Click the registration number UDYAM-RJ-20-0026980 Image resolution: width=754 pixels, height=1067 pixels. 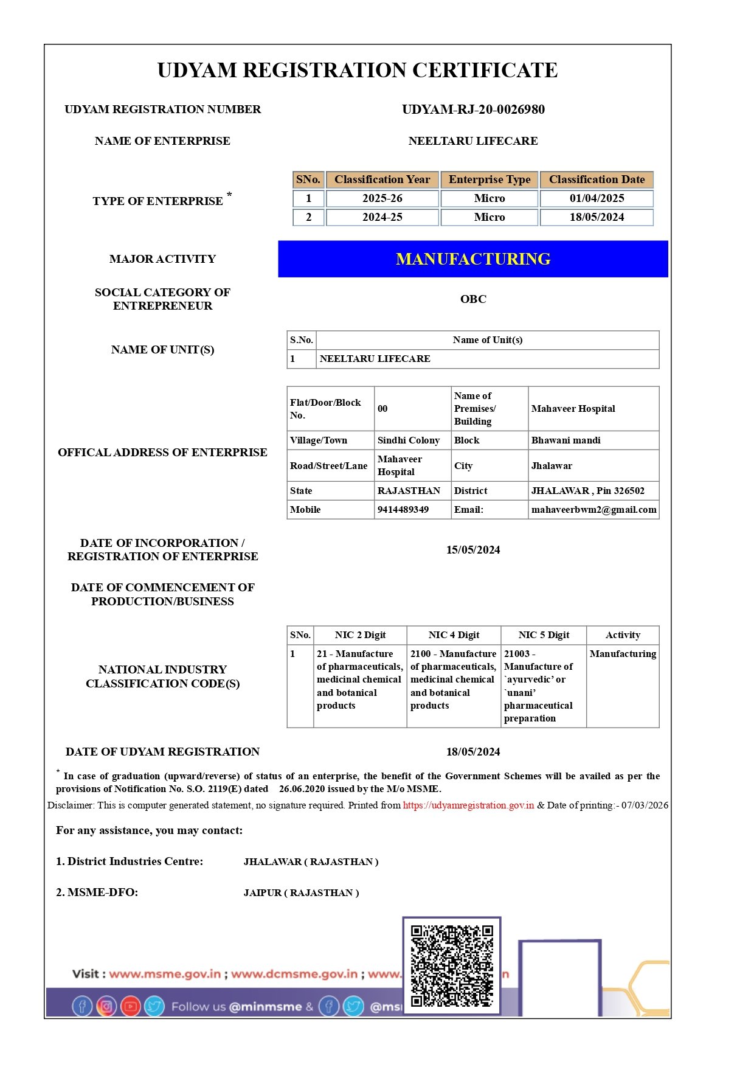tap(473, 109)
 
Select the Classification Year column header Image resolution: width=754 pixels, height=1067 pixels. tap(382, 179)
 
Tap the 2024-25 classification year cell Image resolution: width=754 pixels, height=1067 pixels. tap(382, 217)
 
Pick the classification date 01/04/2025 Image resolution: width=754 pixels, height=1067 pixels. tap(597, 198)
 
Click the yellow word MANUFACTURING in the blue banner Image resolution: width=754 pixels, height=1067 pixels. tap(473, 259)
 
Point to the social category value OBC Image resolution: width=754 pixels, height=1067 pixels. tap(473, 299)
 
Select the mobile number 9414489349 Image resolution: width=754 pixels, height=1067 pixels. tap(403, 510)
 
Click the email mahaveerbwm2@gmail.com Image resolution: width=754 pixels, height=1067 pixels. tap(593, 510)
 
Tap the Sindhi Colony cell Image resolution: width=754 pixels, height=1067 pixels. tap(409, 440)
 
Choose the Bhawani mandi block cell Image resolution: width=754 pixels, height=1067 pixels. tap(565, 440)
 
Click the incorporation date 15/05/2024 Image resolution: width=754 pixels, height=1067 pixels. tap(473, 550)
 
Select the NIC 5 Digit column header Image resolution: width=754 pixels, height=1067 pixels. tap(544, 635)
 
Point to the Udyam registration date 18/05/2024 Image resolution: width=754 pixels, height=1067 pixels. tap(473, 752)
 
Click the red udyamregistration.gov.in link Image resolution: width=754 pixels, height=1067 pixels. tap(468, 805)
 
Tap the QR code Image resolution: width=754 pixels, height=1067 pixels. tap(452, 965)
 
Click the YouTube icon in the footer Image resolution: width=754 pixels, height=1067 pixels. tap(130, 1006)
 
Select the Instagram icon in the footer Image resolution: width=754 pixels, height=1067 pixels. tap(106, 1006)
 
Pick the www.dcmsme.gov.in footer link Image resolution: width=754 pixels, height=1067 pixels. tap(294, 974)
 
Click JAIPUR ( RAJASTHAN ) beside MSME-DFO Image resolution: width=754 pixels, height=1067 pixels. tap(301, 893)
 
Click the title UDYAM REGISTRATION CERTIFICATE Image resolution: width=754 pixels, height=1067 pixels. tap(358, 71)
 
